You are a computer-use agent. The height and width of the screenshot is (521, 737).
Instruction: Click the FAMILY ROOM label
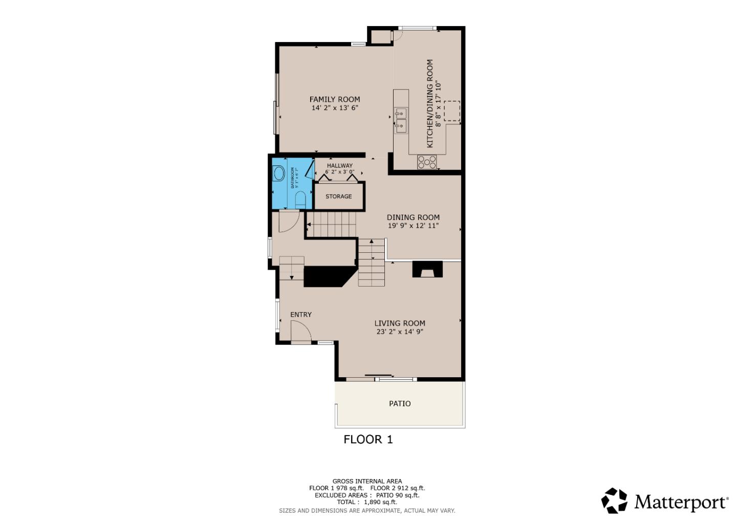334,99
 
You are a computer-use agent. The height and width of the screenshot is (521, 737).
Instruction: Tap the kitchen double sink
401,120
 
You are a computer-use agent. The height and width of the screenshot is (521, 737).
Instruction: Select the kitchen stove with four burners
427,162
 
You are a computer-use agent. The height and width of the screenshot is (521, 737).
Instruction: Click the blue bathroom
292,183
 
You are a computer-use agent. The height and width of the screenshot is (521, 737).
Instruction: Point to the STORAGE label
338,197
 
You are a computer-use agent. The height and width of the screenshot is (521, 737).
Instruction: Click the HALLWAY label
340,165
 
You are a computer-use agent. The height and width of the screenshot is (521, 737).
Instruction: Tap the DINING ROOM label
413,217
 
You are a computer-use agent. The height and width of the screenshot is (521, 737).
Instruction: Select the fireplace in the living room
427,269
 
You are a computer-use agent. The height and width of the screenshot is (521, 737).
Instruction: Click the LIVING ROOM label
400,323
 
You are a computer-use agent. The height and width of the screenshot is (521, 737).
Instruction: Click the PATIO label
400,403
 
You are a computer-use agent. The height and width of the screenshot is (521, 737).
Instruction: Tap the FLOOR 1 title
368,439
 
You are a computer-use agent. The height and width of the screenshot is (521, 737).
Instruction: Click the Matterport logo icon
614,501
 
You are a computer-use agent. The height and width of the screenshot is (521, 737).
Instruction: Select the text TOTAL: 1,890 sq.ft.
367,502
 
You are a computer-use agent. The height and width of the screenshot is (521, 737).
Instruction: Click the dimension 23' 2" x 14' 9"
400,332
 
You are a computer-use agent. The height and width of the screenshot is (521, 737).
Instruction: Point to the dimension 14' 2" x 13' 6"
335,108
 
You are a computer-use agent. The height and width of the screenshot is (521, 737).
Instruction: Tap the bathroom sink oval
279,173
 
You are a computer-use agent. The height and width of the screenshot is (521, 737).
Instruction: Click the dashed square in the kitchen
452,111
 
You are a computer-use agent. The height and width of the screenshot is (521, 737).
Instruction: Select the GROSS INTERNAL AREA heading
367,481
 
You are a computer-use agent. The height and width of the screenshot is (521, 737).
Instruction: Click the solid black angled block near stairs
328,276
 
